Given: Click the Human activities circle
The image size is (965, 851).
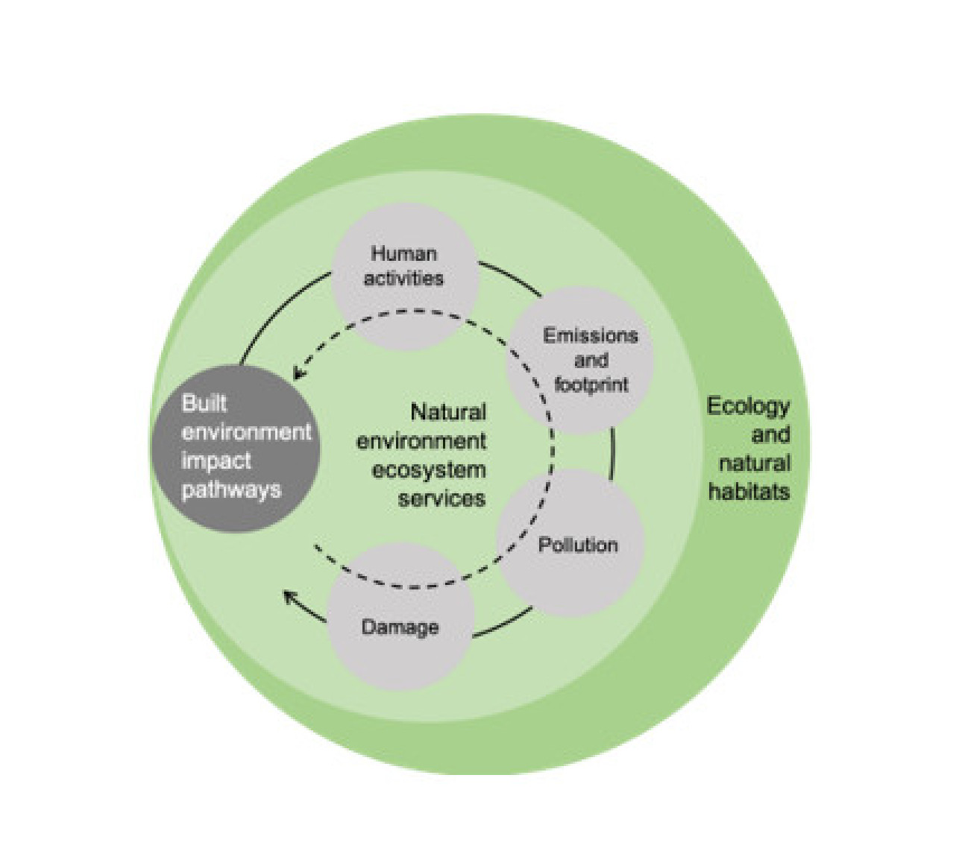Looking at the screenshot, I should [403, 276].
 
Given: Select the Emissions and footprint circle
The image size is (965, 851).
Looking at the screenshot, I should [580, 361].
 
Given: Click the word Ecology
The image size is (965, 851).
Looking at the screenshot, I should [748, 407].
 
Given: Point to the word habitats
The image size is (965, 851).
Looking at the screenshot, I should [749, 492].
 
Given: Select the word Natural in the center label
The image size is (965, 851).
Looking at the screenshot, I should [448, 412].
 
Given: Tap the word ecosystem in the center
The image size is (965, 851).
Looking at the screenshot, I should [428, 470].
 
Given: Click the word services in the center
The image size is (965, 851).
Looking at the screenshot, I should [441, 498].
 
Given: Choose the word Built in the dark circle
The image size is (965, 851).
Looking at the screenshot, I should [204, 403].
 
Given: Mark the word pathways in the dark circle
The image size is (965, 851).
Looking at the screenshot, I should [231, 490].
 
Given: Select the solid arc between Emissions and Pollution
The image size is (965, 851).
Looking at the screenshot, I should [612, 453].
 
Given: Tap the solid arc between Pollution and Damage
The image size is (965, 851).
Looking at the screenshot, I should [503, 624].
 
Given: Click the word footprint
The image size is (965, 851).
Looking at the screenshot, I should [591, 385].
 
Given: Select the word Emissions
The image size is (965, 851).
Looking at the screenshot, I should [590, 335].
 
